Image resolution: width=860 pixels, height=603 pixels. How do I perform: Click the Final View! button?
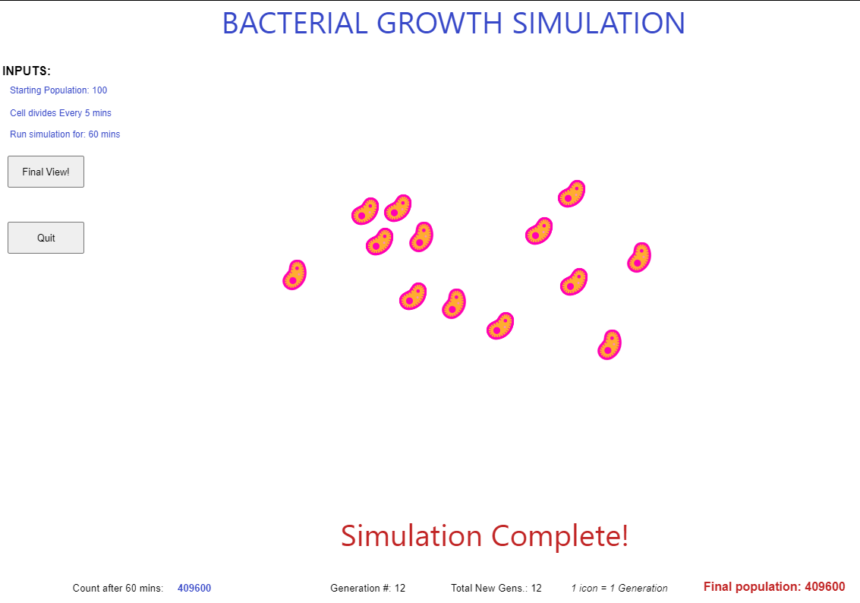[x=46, y=172]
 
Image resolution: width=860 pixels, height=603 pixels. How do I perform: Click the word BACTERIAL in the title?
[x=295, y=24]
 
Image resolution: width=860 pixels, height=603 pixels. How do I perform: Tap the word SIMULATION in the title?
[x=599, y=24]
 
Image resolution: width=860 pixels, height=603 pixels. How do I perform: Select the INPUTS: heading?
[x=27, y=71]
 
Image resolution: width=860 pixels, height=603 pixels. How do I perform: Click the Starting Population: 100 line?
[x=58, y=90]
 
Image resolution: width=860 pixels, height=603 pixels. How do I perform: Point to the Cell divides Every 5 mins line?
[x=61, y=113]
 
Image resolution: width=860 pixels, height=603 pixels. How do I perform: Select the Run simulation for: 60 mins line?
[x=65, y=134]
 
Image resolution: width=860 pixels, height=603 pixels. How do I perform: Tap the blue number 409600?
[x=194, y=588]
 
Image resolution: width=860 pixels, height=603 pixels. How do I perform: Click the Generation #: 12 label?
[x=368, y=588]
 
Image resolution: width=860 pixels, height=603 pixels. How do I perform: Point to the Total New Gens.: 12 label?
[x=496, y=588]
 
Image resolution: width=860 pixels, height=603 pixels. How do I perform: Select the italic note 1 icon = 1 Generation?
[x=619, y=588]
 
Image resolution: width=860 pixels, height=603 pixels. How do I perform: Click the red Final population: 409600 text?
[x=774, y=586]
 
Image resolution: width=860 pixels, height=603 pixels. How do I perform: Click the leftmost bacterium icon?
[x=295, y=275]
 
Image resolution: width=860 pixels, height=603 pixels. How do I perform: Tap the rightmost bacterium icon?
[x=639, y=257]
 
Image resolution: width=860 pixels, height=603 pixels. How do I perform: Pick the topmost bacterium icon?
[x=572, y=194]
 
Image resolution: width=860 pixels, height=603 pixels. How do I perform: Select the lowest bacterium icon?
[x=609, y=345]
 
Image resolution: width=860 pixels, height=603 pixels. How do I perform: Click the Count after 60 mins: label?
[x=118, y=588]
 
